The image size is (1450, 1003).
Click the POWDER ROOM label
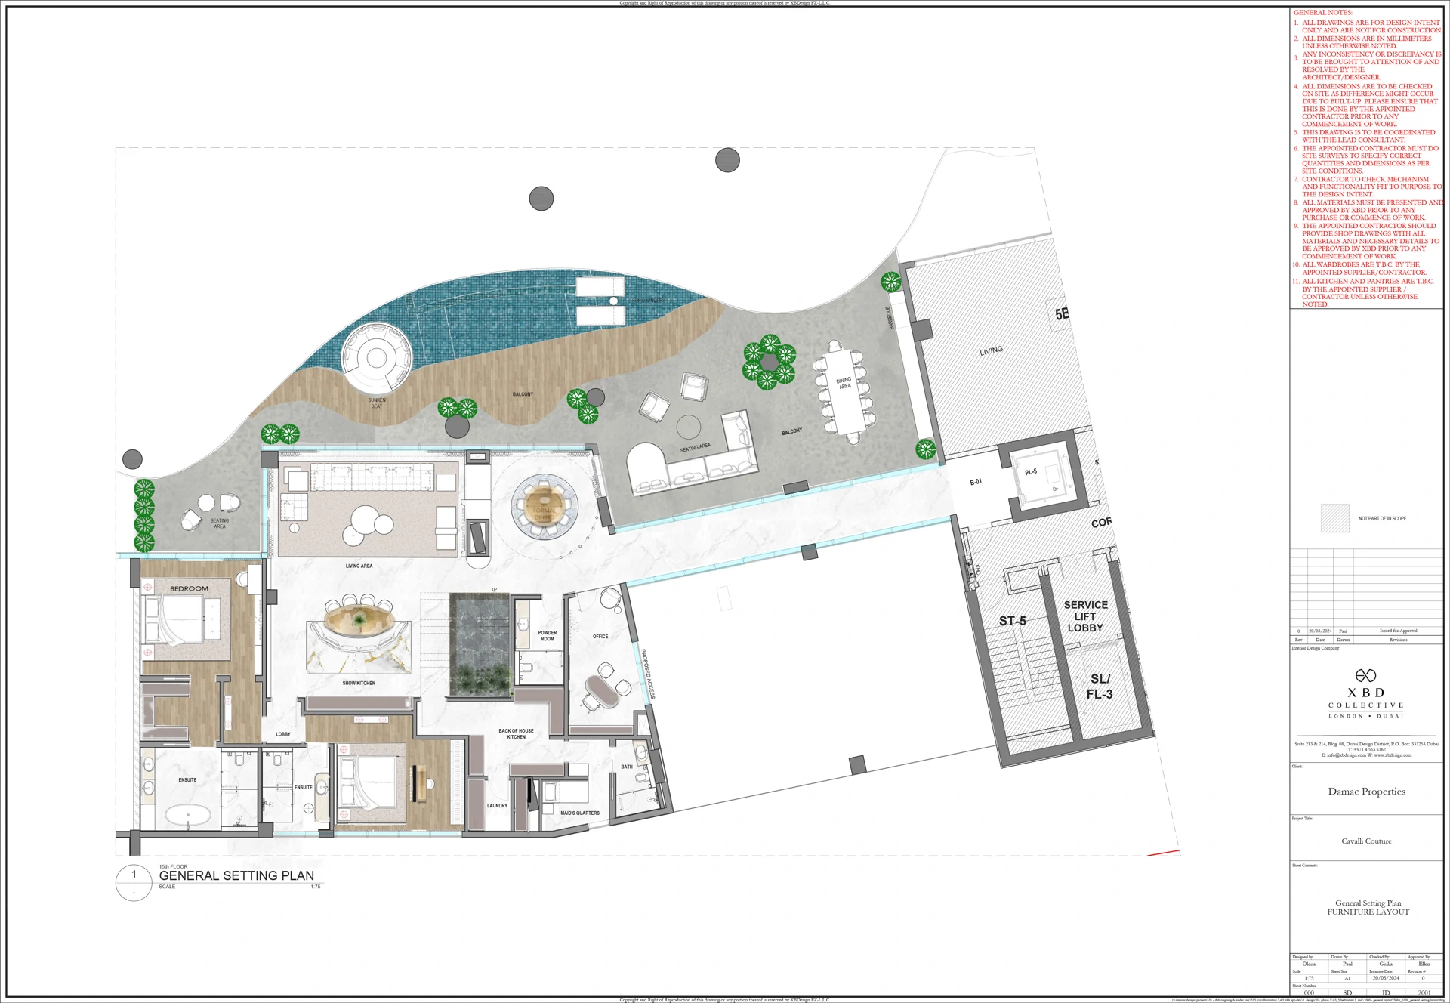[547, 636]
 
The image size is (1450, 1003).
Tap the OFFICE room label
[600, 637]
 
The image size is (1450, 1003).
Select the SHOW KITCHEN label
[359, 683]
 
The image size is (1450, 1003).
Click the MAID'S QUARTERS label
[579, 813]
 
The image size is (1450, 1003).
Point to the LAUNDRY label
[497, 806]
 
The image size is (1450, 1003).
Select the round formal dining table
[545, 505]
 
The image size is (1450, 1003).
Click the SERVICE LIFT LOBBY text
[1085, 616]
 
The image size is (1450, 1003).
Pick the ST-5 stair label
[1012, 621]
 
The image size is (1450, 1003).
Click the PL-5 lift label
[1031, 472]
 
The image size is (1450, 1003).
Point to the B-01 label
[976, 482]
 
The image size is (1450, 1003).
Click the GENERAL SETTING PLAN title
[236, 876]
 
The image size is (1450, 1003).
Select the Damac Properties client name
[1366, 792]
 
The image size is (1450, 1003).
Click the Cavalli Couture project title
[1366, 841]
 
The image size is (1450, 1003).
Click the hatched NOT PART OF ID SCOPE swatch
[1334, 518]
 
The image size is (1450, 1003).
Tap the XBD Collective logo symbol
[1365, 675]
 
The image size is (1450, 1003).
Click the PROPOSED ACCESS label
[648, 674]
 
